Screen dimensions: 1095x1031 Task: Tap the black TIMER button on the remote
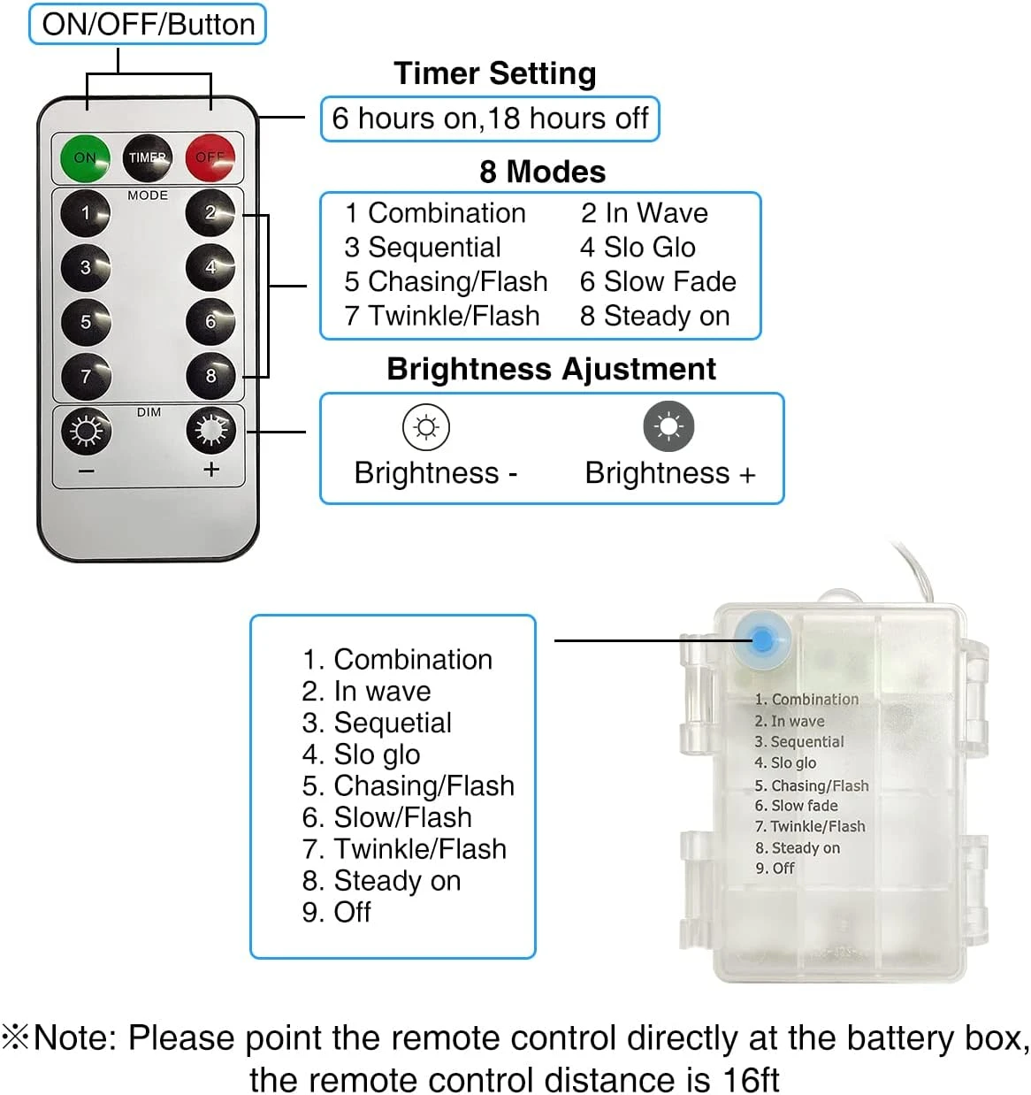(x=147, y=157)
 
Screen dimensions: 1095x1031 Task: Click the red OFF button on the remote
(x=210, y=157)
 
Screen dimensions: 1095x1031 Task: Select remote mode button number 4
(x=210, y=267)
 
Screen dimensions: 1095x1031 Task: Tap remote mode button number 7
(x=86, y=376)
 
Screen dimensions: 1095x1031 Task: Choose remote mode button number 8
(x=210, y=376)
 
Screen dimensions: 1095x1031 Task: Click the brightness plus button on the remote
(x=210, y=432)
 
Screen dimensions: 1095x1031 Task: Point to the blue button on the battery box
(x=762, y=638)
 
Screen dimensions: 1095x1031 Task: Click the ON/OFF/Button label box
(x=148, y=24)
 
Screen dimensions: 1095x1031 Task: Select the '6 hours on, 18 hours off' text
(x=490, y=119)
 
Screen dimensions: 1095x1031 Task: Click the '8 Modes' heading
(x=542, y=172)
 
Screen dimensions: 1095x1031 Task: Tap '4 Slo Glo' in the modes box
(x=638, y=248)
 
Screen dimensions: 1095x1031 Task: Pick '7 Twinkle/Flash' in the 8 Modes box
(x=442, y=316)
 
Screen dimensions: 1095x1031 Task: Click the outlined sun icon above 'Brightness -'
(x=426, y=427)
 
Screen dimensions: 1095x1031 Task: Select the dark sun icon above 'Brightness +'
(x=668, y=426)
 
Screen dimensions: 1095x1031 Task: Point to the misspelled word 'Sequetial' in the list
(x=393, y=723)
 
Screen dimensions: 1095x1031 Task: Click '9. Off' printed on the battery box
(x=775, y=869)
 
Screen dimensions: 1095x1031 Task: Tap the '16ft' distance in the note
(x=751, y=1080)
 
